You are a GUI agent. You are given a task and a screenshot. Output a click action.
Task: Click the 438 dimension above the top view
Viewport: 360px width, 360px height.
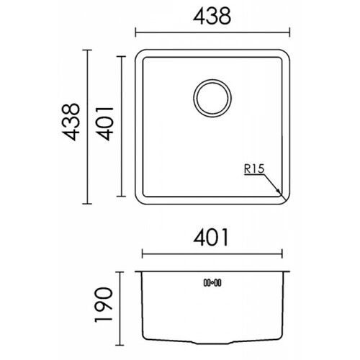[x=212, y=16]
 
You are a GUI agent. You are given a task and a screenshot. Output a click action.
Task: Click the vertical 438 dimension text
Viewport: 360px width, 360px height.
[x=70, y=122]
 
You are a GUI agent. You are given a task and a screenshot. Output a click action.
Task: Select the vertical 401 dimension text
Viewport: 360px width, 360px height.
[x=104, y=124]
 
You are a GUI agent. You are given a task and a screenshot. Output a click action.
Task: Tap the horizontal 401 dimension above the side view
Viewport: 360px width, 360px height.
[x=211, y=237]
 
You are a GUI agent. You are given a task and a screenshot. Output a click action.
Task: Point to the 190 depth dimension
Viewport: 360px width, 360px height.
[x=104, y=305]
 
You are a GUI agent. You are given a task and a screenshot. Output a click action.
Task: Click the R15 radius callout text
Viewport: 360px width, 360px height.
[x=254, y=168]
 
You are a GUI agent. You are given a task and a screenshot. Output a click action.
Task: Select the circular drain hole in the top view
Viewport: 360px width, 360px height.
[x=212, y=98]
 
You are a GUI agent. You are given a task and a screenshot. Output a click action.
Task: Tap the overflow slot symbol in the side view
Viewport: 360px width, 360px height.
[x=212, y=283]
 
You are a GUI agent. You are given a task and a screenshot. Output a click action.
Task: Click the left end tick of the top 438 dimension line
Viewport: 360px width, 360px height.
[x=135, y=32]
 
